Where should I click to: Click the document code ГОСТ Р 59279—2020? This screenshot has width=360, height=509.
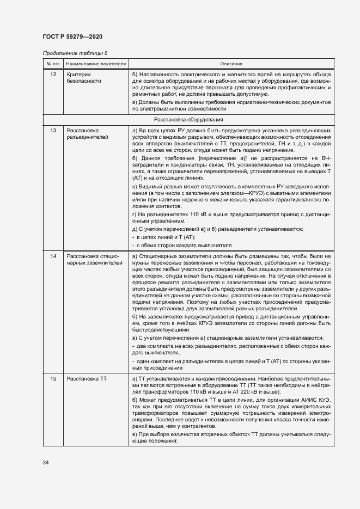tap(72, 36)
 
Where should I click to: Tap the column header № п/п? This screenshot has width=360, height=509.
tap(52, 64)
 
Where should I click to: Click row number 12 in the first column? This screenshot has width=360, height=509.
tap(53, 73)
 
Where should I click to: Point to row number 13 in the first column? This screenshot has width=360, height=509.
tap(53, 131)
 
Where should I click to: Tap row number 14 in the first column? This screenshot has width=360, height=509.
tap(53, 256)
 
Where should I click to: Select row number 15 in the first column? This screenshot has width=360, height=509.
tap(53, 378)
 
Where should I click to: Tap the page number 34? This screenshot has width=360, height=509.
tap(46, 463)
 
